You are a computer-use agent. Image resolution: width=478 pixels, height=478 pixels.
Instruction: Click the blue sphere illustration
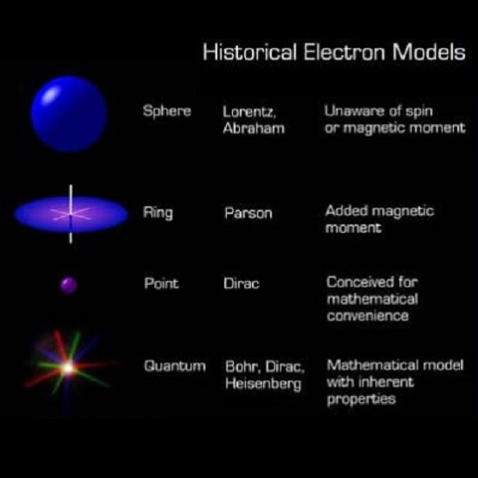coord(69,114)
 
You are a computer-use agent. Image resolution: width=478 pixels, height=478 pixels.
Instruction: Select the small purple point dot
coord(69,283)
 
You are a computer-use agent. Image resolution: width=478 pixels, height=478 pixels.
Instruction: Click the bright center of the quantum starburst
coord(67,368)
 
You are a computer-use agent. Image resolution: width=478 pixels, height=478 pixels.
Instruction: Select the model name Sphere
coord(167,112)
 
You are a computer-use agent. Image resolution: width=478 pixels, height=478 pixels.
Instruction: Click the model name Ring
coord(158,211)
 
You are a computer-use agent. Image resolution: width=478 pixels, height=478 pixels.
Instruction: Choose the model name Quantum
coord(174,366)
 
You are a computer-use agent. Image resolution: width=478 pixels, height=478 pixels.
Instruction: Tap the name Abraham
coord(254,129)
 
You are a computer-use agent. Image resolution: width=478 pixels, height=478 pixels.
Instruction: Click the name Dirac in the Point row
coord(242,283)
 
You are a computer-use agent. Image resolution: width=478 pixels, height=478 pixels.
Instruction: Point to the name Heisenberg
coord(263,384)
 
